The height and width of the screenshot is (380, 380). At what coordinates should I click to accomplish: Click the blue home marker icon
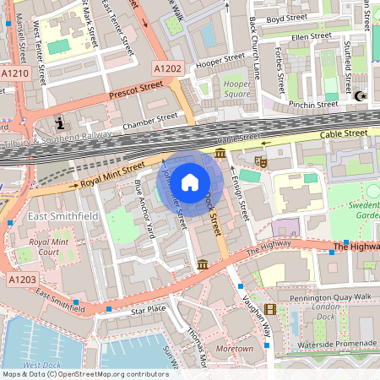190,182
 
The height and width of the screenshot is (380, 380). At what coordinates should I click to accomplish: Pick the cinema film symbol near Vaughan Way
269,309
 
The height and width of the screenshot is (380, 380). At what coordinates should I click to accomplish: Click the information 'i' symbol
60,124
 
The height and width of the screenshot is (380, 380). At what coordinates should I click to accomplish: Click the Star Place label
149,311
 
